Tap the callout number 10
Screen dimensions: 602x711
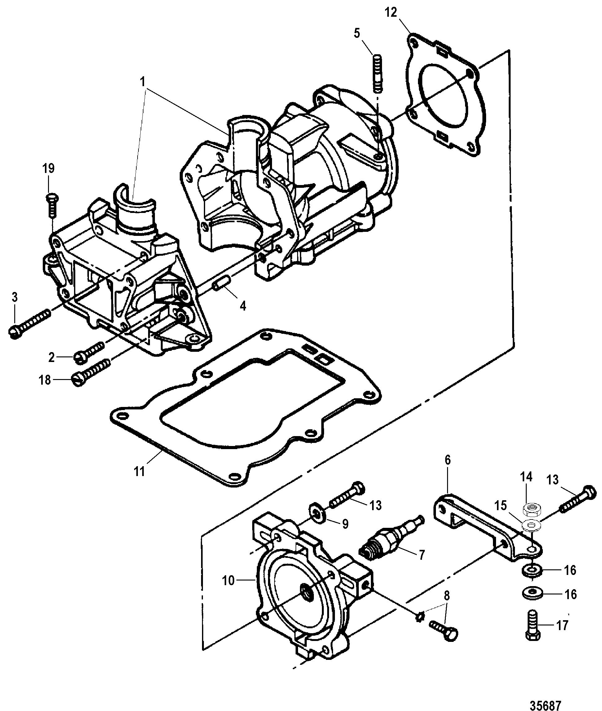click(228, 580)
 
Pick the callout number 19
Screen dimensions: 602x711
click(48, 168)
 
